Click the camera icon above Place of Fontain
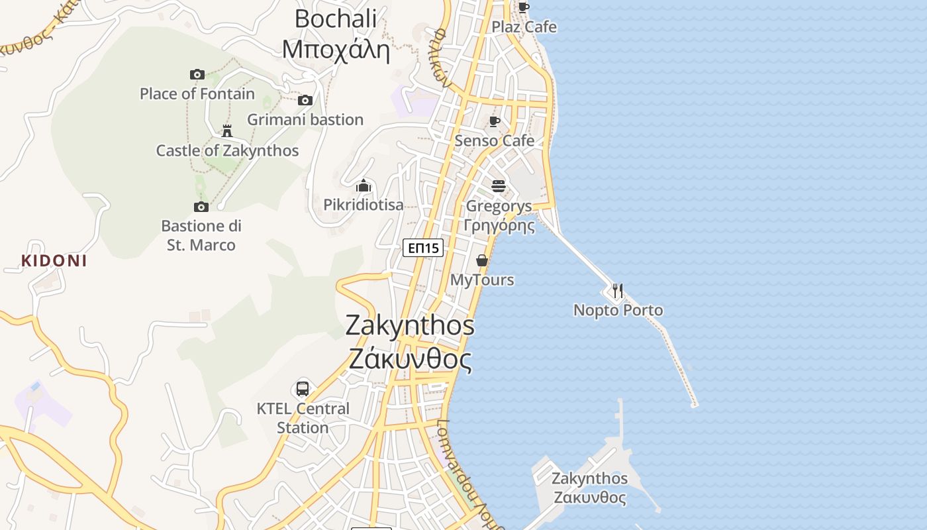tap(197, 74)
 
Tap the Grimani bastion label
tap(305, 120)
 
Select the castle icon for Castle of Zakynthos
tap(227, 131)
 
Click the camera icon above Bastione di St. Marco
tap(201, 207)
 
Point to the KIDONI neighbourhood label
tap(54, 260)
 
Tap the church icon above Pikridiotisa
tap(364, 185)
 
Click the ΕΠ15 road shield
tap(423, 248)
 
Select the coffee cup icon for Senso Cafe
tap(494, 121)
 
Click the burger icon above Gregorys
tap(499, 185)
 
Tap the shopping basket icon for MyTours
tap(482, 260)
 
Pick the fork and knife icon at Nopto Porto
tap(618, 291)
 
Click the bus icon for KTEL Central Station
tap(303, 389)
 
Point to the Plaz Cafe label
tap(524, 27)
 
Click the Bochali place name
tap(336, 19)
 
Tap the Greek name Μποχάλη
tap(336, 49)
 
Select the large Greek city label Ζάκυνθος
tap(410, 360)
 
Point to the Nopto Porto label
tap(618, 310)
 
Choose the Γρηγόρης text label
tap(499, 225)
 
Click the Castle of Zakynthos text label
tap(227, 150)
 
